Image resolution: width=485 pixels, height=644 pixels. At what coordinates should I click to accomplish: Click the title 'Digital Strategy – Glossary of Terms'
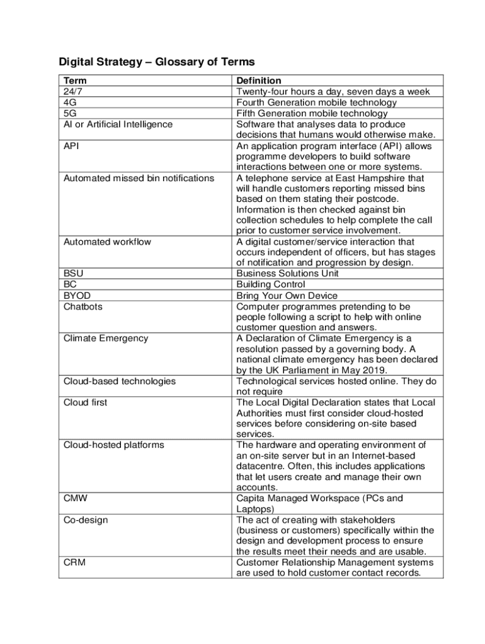[157, 62]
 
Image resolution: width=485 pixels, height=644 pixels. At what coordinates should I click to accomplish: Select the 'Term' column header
[75, 80]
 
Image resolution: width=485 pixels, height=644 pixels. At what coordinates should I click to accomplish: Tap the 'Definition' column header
[258, 80]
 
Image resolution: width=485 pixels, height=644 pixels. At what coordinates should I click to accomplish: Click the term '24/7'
[73, 92]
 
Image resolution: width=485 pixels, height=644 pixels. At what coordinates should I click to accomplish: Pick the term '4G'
[70, 103]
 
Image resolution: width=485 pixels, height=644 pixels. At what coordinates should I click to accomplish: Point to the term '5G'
[70, 113]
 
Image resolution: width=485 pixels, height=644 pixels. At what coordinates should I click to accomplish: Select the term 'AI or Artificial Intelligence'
[118, 124]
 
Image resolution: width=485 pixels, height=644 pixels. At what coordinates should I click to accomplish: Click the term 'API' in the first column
[71, 145]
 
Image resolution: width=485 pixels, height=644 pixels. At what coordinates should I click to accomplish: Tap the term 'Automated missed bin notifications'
[139, 178]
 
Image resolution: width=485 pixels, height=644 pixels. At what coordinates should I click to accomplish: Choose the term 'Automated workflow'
[107, 241]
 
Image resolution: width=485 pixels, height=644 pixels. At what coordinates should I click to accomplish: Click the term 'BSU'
[73, 274]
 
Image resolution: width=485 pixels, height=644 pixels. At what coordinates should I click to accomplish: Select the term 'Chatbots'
[83, 306]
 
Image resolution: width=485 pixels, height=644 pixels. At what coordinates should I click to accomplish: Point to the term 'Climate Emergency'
[106, 338]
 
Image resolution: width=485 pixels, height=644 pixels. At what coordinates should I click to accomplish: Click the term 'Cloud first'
[85, 402]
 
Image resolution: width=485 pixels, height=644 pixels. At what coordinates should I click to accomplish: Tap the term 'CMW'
[75, 498]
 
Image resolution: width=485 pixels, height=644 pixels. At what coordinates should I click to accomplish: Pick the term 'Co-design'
[86, 519]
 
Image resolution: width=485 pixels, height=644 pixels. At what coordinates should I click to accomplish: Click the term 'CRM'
[74, 562]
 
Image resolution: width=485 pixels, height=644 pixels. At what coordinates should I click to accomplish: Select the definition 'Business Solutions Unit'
[287, 274]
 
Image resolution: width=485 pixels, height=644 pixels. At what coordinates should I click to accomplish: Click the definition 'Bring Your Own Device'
[287, 296]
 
